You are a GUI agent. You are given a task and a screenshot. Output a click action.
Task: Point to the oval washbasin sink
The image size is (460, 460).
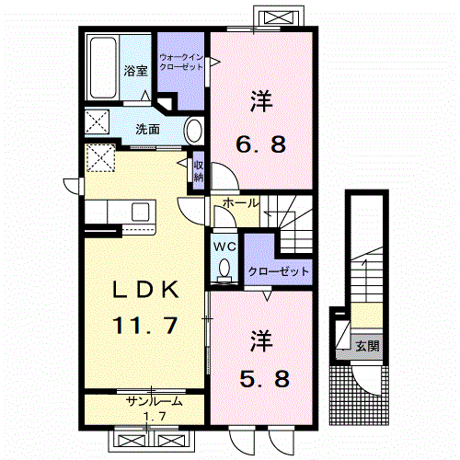pyautogui.click(x=195, y=130)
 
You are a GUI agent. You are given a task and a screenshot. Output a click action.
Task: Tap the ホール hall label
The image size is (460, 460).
pyautogui.click(x=241, y=201)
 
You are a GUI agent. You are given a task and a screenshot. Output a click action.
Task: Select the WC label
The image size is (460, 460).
pyautogui.click(x=225, y=247)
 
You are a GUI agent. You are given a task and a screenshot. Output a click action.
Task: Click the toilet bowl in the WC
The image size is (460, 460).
pyautogui.click(x=225, y=269)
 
